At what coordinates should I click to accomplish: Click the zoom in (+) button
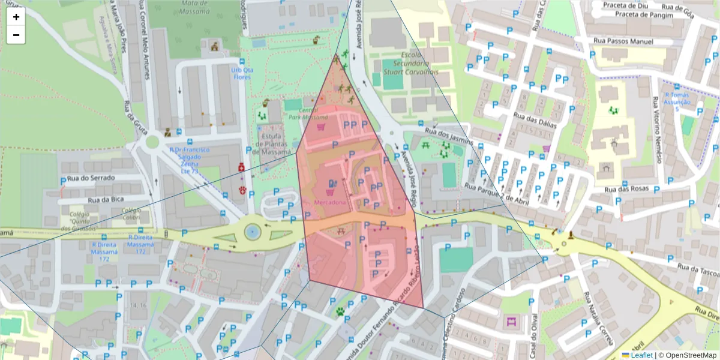[x=16, y=17]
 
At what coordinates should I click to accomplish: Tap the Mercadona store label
[x=330, y=203]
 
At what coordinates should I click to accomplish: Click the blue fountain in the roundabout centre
[x=253, y=230]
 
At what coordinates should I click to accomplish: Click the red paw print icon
[x=243, y=190]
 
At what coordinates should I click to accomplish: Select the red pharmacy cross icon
[x=241, y=167]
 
